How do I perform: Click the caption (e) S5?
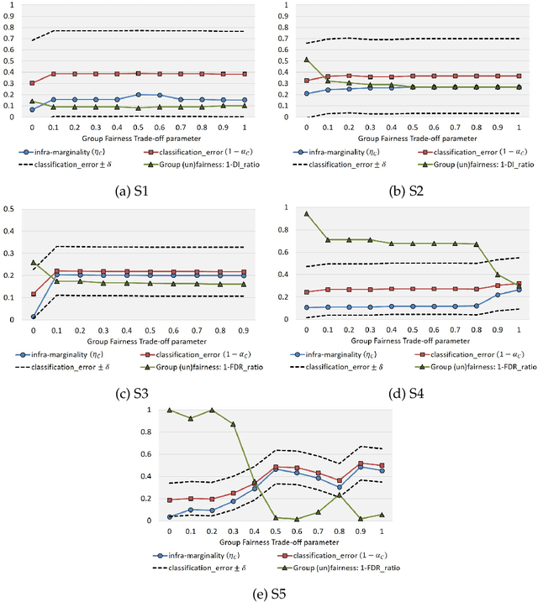pyautogui.click(x=269, y=594)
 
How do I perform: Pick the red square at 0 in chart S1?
pyautogui.click(x=33, y=83)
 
